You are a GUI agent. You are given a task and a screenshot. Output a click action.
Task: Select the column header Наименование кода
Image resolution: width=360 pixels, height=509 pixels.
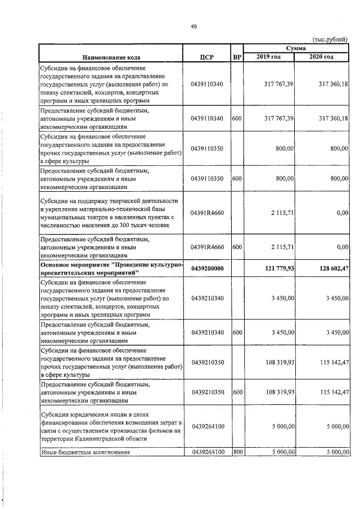pos(111,57)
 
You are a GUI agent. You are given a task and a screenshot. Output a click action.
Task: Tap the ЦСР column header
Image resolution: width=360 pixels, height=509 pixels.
pos(207,57)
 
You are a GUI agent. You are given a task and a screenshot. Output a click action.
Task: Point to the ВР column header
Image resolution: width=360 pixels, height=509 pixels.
pos(237,57)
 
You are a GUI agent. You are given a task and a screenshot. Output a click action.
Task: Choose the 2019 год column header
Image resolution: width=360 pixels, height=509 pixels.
pos(268,57)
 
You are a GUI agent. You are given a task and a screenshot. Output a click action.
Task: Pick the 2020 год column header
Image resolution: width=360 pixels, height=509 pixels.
pos(321,57)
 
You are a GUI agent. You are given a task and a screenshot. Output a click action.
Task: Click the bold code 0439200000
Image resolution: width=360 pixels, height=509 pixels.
pos(207,268)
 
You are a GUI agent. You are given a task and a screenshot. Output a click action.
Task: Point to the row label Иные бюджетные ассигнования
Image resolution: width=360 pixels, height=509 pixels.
pos(85,451)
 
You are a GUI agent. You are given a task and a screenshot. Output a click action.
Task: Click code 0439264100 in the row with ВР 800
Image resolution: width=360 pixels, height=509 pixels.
pos(207,451)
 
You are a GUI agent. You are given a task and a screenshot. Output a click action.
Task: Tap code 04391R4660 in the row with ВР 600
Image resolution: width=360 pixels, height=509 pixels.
pos(207,246)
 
